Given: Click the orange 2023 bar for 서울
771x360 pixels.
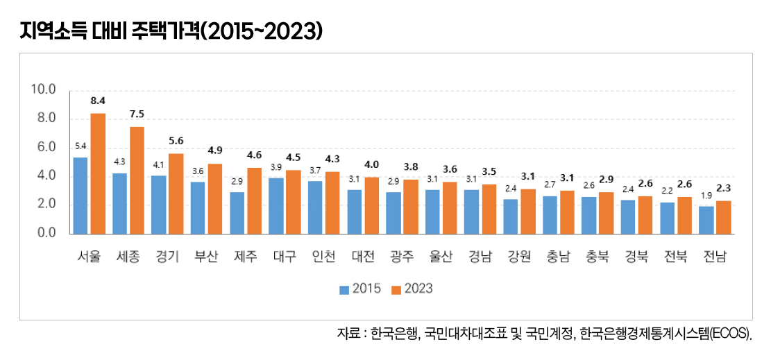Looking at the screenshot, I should click(98, 173).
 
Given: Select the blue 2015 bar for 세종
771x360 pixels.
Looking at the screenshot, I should click(119, 203).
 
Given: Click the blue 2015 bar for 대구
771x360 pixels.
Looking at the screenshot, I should click(276, 205).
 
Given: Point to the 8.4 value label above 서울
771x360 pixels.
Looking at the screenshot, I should click(98, 101).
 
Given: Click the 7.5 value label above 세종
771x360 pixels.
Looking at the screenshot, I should click(137, 114).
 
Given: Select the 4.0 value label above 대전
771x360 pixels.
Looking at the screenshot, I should click(372, 164).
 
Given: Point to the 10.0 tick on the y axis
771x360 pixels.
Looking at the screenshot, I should click(43, 89).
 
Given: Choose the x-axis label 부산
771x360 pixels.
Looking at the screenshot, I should click(206, 256).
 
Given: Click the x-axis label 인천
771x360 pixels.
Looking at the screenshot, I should click(324, 256).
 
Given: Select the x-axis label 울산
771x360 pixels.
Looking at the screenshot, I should click(441, 256).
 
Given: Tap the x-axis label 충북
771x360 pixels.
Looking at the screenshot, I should click(598, 256).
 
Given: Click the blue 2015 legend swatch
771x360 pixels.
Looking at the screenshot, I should click(344, 289).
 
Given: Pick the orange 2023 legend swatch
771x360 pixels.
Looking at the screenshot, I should click(396, 289).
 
